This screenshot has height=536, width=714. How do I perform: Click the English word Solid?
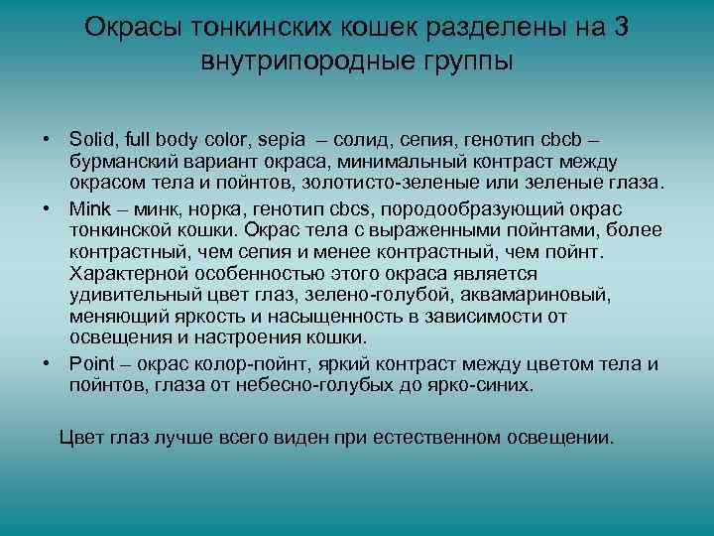click(x=91, y=139)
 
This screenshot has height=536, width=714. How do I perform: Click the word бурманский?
click(x=125, y=161)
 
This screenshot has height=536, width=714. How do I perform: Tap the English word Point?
click(x=92, y=362)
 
